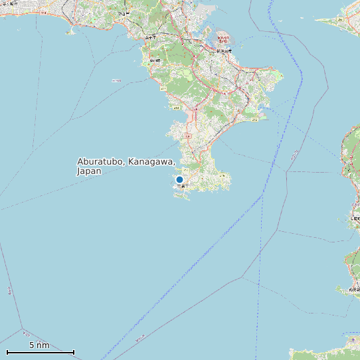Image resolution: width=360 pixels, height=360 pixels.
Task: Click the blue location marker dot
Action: (179, 179)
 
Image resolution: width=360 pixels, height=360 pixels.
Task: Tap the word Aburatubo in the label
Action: (100, 162)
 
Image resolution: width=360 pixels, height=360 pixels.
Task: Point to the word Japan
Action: (89, 171)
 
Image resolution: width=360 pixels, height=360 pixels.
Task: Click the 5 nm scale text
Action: (39, 345)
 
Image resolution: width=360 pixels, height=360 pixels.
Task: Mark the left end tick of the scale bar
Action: (7, 352)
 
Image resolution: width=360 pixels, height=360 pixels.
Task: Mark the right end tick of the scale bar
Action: (74, 352)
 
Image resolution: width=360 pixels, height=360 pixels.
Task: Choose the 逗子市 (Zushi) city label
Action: (150, 38)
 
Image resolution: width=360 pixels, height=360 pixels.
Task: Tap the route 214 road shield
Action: (177, 107)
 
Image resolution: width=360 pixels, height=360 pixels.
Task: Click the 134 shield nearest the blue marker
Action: (188, 135)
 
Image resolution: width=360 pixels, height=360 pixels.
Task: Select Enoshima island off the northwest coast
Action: (69, 31)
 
